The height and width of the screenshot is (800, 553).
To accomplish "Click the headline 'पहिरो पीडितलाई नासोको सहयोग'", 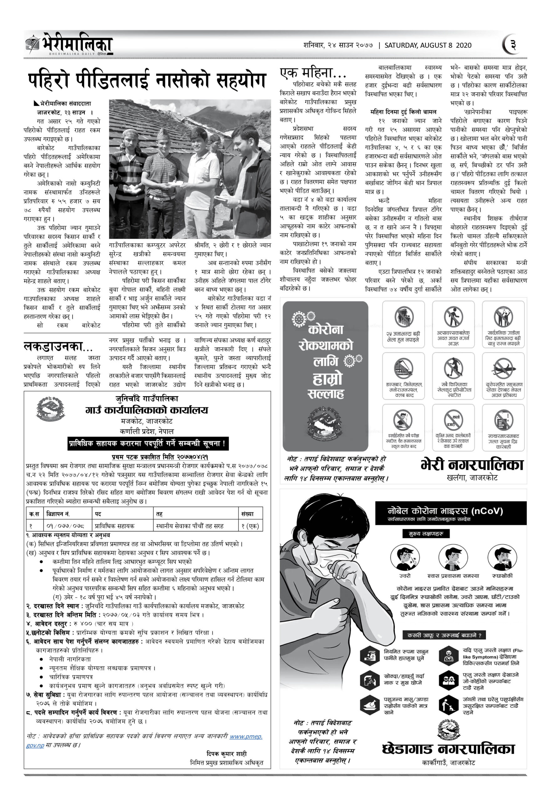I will (x=147, y=80).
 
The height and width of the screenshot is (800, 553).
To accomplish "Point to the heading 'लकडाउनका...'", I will (x=58, y=346).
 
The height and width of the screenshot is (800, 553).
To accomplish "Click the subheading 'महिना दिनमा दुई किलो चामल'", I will (x=403, y=112).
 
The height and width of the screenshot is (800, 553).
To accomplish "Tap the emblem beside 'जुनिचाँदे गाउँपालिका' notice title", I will (x=51, y=409).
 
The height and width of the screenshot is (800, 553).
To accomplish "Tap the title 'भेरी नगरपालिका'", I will (x=472, y=464).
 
